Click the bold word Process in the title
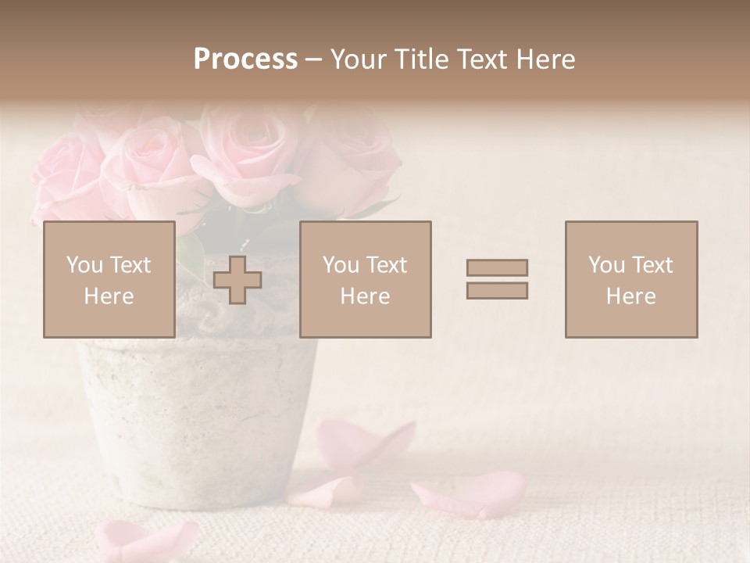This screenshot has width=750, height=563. pos(245,59)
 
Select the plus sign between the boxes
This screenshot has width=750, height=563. pos(237,280)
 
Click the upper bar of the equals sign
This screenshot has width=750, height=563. pos(497,267)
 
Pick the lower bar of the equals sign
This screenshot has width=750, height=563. pos(497,291)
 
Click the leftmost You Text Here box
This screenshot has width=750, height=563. pos(109,280)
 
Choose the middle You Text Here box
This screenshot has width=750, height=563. pos(365,280)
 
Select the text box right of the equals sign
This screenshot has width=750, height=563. pos(630,280)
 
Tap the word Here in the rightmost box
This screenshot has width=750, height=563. pos(630,296)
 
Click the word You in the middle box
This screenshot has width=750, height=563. pos(341,265)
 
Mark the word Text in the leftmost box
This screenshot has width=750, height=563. pos(130,265)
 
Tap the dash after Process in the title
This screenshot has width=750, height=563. pos(313,59)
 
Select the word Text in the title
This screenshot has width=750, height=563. pos(480,59)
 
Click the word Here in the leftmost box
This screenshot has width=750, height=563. pos(109,296)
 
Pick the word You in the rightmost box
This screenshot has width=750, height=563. pos(606,265)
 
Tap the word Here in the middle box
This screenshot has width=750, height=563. pos(365,296)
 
